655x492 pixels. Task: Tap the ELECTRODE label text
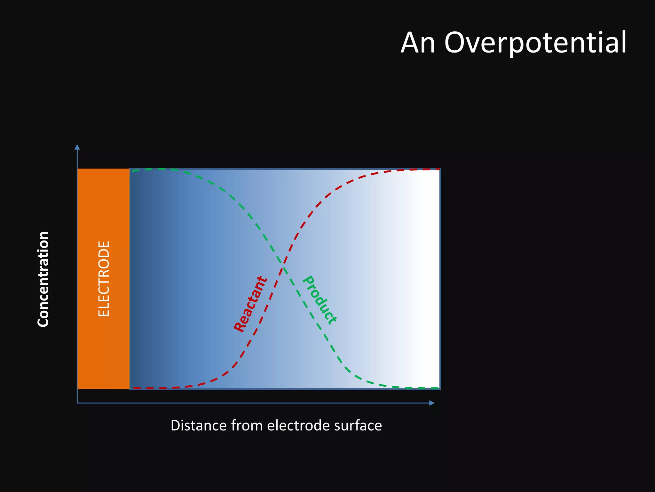coord(104,279)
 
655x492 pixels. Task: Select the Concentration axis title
coord(43,279)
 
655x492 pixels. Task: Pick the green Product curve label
coord(319,300)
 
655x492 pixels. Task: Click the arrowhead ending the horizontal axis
coord(432,403)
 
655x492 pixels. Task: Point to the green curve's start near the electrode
coord(133,170)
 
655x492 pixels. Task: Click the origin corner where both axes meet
coord(77,403)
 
